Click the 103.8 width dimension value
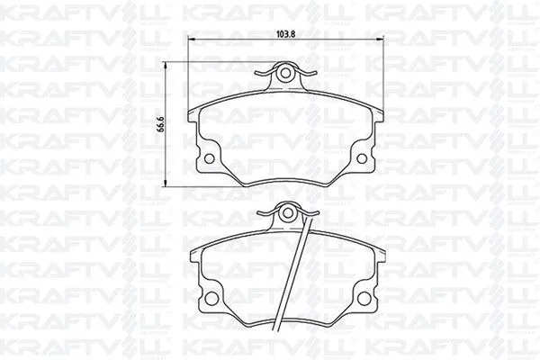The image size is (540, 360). [286, 34]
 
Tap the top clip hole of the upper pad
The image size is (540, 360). [284, 73]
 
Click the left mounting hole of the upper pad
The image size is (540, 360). [209, 158]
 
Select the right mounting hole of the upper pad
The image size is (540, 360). [362, 158]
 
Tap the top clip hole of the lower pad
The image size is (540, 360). [287, 213]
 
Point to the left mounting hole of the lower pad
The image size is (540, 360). [211, 298]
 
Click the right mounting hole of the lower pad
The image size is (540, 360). [364, 298]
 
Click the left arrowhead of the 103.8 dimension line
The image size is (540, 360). [192, 40]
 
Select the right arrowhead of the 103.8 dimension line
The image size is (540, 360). [380, 40]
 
